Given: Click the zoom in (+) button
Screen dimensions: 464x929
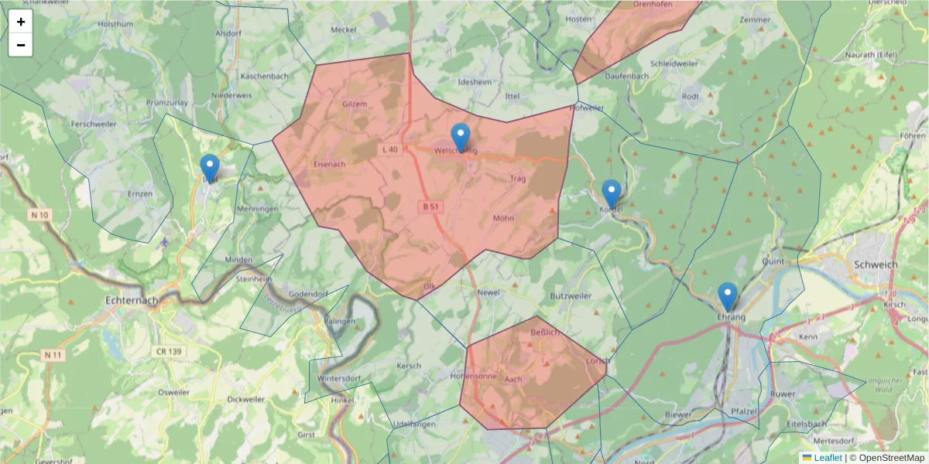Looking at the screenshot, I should (x=21, y=22).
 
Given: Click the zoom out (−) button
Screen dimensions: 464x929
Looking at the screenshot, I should (x=21, y=45).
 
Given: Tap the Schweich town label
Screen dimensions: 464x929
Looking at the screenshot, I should (x=876, y=264).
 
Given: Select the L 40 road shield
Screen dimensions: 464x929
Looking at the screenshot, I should (x=389, y=149).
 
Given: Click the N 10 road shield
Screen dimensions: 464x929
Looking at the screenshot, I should (x=40, y=214).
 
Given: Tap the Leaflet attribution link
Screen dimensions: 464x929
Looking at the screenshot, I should (x=828, y=458).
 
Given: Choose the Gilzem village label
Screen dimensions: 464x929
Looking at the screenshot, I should (x=354, y=104).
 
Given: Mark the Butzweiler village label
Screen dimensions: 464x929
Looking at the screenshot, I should (x=571, y=296).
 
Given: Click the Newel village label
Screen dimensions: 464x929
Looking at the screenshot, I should (x=489, y=293).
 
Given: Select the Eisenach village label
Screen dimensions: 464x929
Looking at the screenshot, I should (x=330, y=164).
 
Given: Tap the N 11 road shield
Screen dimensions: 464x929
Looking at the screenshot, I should (x=53, y=355).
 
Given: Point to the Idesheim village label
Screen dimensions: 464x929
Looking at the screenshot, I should (x=475, y=81).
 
